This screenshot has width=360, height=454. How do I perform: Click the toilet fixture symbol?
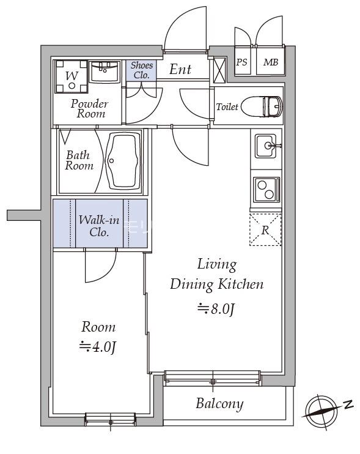[262, 106]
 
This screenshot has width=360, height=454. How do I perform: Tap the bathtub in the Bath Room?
[123, 161]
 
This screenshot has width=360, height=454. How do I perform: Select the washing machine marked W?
[71, 76]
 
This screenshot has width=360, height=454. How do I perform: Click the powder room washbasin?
[104, 72]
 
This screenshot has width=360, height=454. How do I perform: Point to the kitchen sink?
[265, 146]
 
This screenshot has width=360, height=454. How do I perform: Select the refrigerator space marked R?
[265, 229]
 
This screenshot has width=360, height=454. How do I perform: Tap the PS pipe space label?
[242, 62]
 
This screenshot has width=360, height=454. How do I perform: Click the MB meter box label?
[271, 62]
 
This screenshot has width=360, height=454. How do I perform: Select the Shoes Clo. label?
[141, 70]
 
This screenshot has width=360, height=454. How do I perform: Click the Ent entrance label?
[180, 70]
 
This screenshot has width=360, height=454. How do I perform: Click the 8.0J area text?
[216, 309]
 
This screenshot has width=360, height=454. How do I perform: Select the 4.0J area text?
[98, 346]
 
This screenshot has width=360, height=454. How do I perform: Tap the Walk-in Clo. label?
[99, 226]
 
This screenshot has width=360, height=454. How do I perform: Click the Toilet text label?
[227, 107]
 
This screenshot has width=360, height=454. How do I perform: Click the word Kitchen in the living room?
[240, 285]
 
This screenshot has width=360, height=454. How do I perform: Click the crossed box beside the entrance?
[219, 70]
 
